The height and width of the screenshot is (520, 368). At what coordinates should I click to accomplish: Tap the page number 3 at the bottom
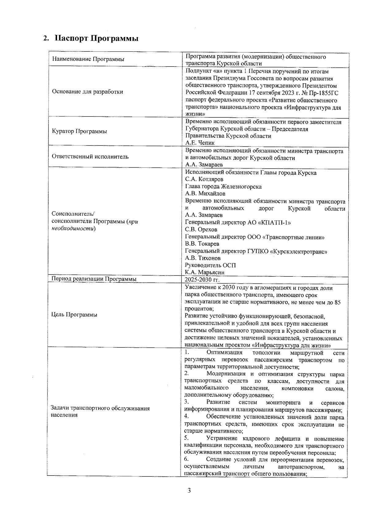[x=189, y=491]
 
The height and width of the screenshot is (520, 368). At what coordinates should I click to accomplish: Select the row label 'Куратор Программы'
[x=79, y=131]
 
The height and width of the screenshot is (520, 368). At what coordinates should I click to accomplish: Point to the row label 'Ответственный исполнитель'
[x=90, y=157]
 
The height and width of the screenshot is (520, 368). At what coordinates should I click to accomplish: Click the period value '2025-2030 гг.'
[x=202, y=279]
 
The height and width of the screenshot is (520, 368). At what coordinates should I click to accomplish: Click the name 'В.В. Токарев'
[x=202, y=244]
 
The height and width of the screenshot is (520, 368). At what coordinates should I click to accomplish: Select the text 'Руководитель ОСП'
[x=210, y=265]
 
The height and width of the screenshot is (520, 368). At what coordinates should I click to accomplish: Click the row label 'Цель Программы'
[x=75, y=315]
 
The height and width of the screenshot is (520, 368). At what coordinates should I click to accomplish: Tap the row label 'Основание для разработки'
[x=87, y=92]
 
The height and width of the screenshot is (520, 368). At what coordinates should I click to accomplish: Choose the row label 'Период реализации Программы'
[x=94, y=279]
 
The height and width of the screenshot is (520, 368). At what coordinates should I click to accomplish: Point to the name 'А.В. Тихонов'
[x=203, y=258]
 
